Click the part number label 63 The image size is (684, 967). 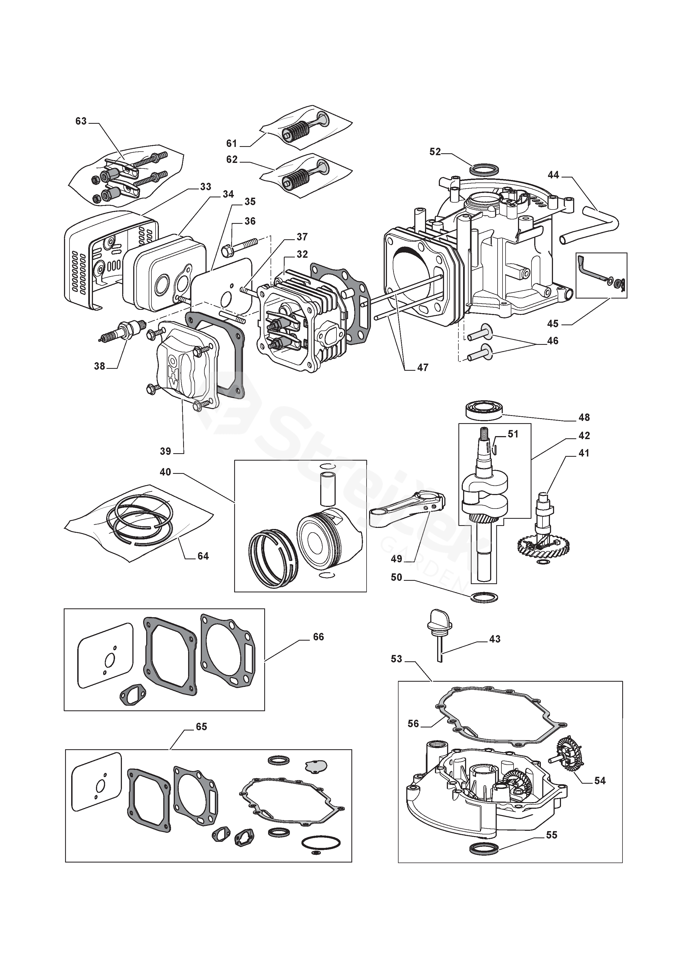pyautogui.click(x=81, y=121)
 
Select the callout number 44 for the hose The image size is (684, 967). pyautogui.click(x=553, y=175)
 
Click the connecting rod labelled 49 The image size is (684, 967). pyautogui.click(x=407, y=510)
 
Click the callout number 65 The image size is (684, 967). pyautogui.click(x=201, y=727)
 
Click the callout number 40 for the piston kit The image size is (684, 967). pyautogui.click(x=165, y=472)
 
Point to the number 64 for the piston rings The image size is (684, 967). pyautogui.click(x=203, y=556)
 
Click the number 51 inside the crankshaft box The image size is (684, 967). pyautogui.click(x=513, y=434)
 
